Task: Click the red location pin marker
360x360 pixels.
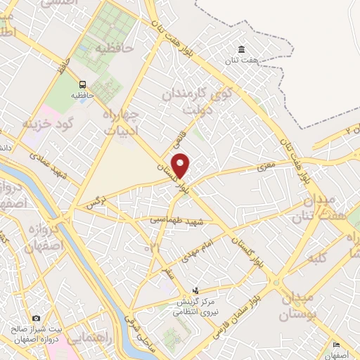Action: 181,165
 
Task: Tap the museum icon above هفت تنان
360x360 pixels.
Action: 242,49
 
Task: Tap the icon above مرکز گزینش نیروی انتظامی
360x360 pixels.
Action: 196,290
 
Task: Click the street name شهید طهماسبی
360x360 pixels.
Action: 176,220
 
